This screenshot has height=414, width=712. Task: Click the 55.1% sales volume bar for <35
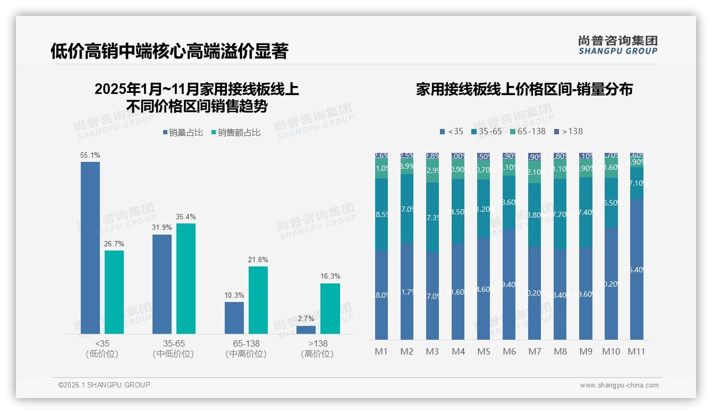pos(90,247)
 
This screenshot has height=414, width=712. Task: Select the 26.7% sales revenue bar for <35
pos(114,292)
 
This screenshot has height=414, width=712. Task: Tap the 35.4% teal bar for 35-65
pos(186,278)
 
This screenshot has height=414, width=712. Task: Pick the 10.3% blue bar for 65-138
pos(234,317)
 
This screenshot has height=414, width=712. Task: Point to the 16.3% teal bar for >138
pos(330,308)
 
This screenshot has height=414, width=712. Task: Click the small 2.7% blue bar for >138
pos(306,330)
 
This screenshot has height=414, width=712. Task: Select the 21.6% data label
pos(258,260)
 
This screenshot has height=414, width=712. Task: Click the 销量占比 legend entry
pos(182,133)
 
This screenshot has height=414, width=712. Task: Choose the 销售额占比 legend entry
pos(235,133)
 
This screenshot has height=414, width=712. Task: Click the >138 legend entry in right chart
pos(568,131)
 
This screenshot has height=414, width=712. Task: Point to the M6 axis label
pos(509,351)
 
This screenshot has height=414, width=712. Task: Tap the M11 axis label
pos(637,351)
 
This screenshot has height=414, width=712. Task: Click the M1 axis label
pos(382,351)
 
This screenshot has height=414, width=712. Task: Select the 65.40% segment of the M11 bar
pos(637,269)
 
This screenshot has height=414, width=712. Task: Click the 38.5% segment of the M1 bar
pos(382,214)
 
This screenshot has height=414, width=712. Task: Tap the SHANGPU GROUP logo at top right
pos(617,45)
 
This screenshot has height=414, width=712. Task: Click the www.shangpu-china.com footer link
pos(619,385)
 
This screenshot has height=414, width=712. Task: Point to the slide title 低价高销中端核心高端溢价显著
pos(169,51)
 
